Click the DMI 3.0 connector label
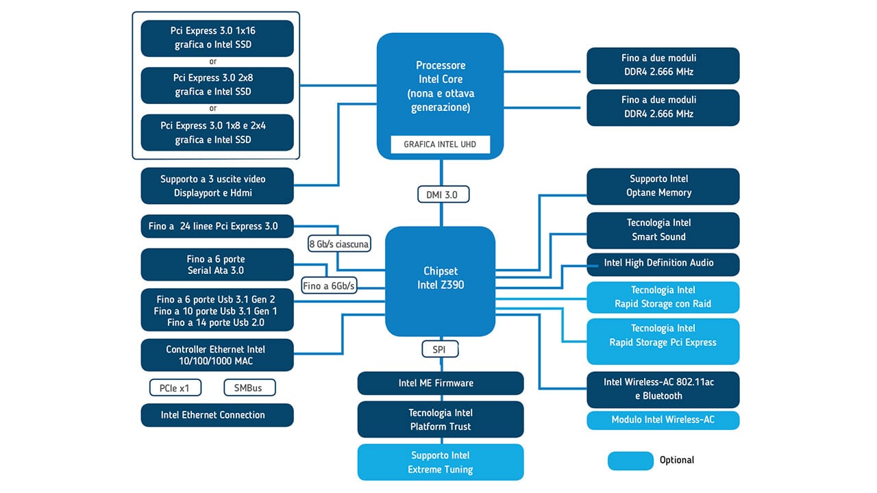pos(442,194)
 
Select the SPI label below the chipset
pos(440,349)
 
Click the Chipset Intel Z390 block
pos(440,277)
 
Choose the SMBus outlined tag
pos(249,388)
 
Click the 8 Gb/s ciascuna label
pos(339,244)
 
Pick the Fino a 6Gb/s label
pos(329,286)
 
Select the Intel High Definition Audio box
pos(663,263)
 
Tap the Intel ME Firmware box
pos(441,383)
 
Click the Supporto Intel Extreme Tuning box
pos(441,462)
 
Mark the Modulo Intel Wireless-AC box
pos(663,420)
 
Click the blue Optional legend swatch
pos(630,460)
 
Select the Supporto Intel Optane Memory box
pos(663,186)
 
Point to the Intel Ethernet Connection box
pos(217,415)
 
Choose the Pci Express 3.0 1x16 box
pos(217,38)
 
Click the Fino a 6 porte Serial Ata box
pos(217,265)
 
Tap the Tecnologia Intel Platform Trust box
pos(441,420)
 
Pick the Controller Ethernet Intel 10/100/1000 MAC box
pos(217,355)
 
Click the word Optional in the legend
pos(677,460)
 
